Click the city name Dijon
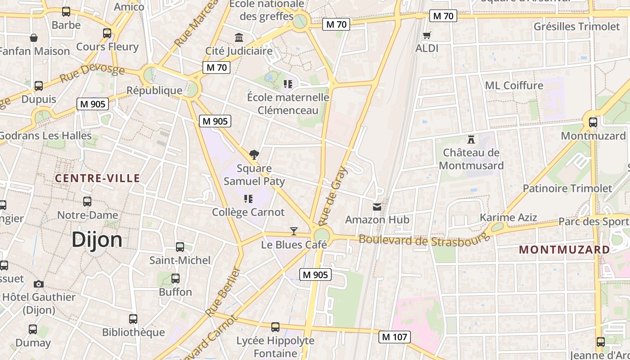tap(97, 239)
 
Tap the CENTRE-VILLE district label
tap(98, 178)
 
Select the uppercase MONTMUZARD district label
tap(565, 249)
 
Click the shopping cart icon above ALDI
tap(427, 35)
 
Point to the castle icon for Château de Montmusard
tap(471, 139)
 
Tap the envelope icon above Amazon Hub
tap(377, 207)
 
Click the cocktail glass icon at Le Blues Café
tap(294, 231)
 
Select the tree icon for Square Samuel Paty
tap(254, 155)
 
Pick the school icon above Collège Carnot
tap(248, 198)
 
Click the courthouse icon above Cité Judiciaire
tap(239, 37)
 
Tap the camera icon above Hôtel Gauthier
tap(39, 284)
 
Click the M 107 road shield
tap(394, 337)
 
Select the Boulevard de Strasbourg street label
tap(424, 240)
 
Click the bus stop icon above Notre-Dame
tap(87, 202)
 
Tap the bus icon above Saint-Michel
tap(180, 247)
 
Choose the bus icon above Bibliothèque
tap(133, 319)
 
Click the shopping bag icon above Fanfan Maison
tap(34, 38)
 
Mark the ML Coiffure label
tap(514, 85)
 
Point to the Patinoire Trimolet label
tap(567, 188)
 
